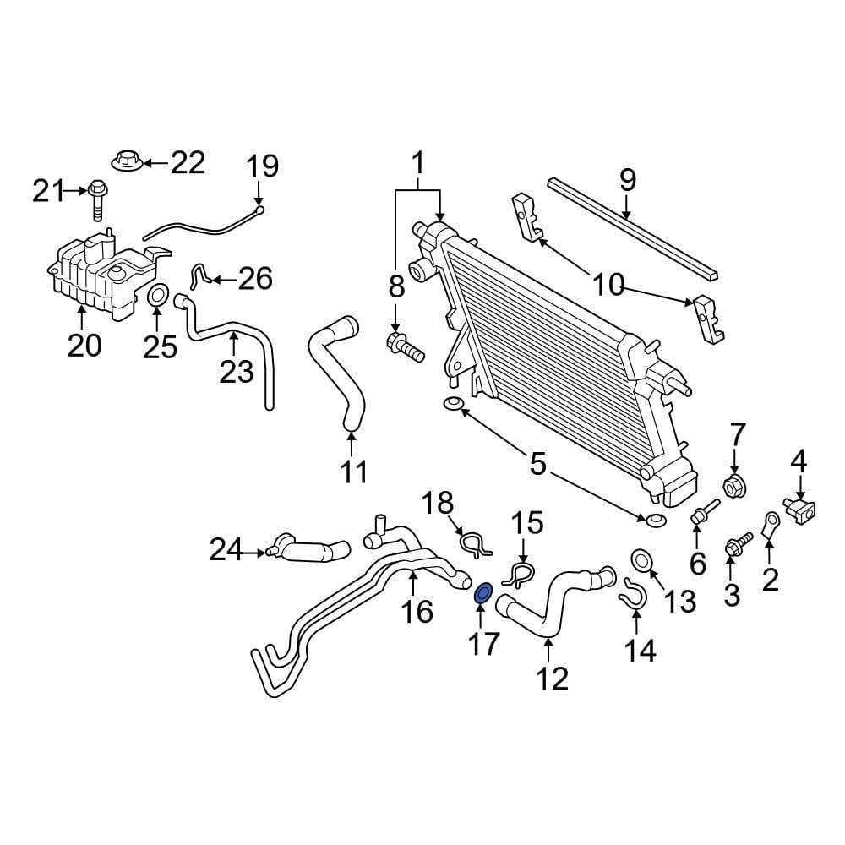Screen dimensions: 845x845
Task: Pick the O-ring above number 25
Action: point(157,297)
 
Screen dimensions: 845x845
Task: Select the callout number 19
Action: point(262,166)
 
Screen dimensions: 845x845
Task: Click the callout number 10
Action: point(607,285)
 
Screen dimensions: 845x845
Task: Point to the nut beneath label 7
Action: point(733,487)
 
